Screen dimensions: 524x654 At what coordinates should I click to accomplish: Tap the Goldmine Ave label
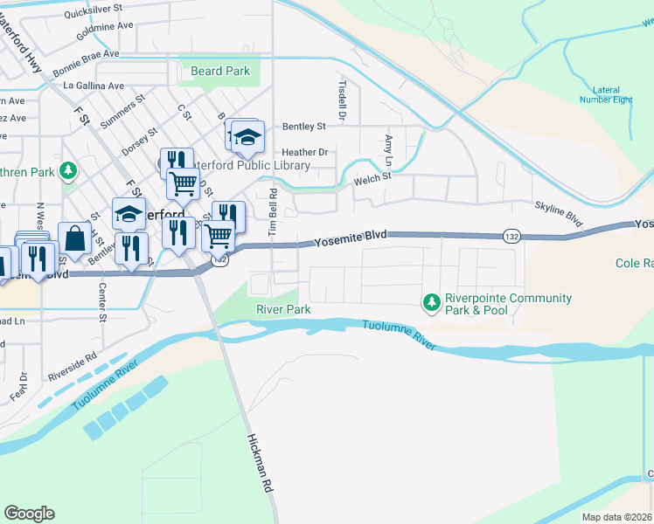coord(105,26)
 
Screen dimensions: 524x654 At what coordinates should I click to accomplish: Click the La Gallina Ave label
coord(94,86)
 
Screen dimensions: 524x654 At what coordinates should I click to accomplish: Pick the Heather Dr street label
coord(304,152)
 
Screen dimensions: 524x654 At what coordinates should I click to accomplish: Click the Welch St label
coord(371,181)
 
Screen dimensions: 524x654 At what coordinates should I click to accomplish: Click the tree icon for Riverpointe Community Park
coord(430,303)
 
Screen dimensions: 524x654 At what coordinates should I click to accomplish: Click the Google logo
coord(29,514)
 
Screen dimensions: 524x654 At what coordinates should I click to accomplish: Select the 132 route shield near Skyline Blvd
coord(512,236)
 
